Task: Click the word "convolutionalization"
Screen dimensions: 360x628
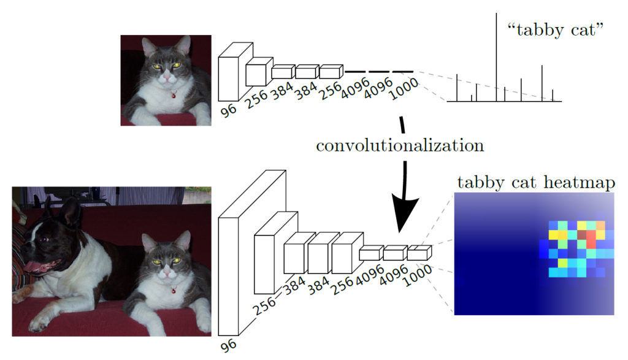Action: pyautogui.click(x=400, y=146)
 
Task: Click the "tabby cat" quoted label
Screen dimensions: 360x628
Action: pyautogui.click(x=552, y=31)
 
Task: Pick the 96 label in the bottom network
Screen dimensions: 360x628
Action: pyautogui.click(x=228, y=345)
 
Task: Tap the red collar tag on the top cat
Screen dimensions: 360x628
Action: pyautogui.click(x=174, y=95)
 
